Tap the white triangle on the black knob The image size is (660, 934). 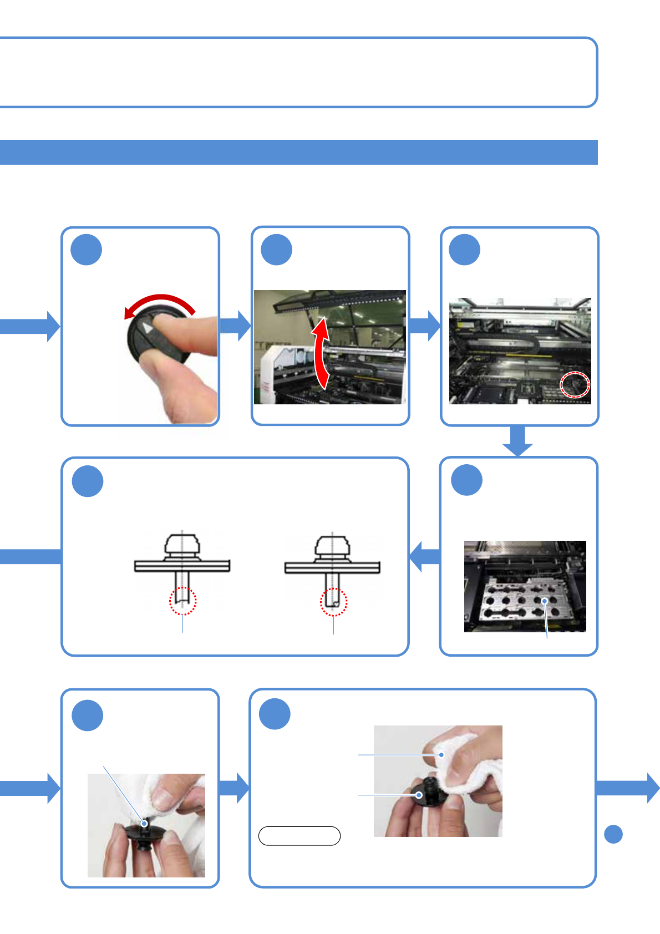coord(146,328)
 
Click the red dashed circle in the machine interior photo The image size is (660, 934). coord(575,384)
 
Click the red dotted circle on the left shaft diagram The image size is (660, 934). coord(182,601)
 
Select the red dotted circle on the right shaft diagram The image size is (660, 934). coord(333,602)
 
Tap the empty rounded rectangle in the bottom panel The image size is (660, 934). coord(299,836)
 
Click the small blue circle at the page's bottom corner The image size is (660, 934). coord(613,834)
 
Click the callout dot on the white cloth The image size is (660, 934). coord(441,755)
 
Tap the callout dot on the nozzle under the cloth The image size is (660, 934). coord(420,795)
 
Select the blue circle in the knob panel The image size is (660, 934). coord(87,250)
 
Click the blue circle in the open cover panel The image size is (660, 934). coord(276,250)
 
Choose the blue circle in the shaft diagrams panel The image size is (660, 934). coord(88,481)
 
